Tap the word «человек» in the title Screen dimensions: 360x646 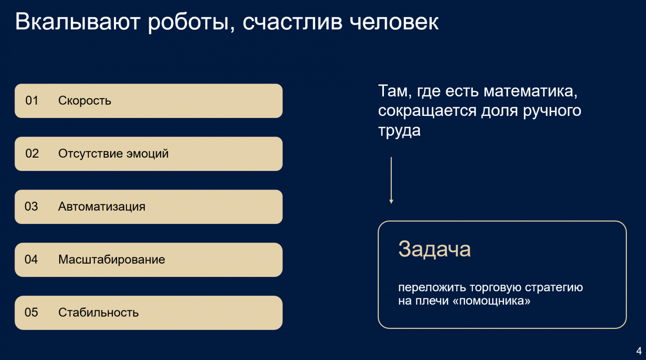coord(394,22)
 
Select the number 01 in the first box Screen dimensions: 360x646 coord(32,101)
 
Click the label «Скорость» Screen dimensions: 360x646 coord(84,101)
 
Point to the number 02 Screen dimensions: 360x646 coord(32,154)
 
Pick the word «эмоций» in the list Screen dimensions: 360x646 coord(147,154)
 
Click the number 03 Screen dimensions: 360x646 coord(31,206)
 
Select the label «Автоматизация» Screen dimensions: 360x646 coord(101,206)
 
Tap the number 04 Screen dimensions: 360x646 coord(31,259)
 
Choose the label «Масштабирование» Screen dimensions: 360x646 coord(111,259)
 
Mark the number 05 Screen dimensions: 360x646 coord(31,312)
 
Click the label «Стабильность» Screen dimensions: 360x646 coord(98,312)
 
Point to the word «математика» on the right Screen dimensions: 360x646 coord(530,91)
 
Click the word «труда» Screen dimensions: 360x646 coord(399,131)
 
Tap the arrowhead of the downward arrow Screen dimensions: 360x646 coord(391,202)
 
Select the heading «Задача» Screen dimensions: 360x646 coord(434,249)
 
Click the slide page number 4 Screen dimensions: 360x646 coord(639,351)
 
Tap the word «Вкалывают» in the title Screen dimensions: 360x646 coord(78,22)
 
